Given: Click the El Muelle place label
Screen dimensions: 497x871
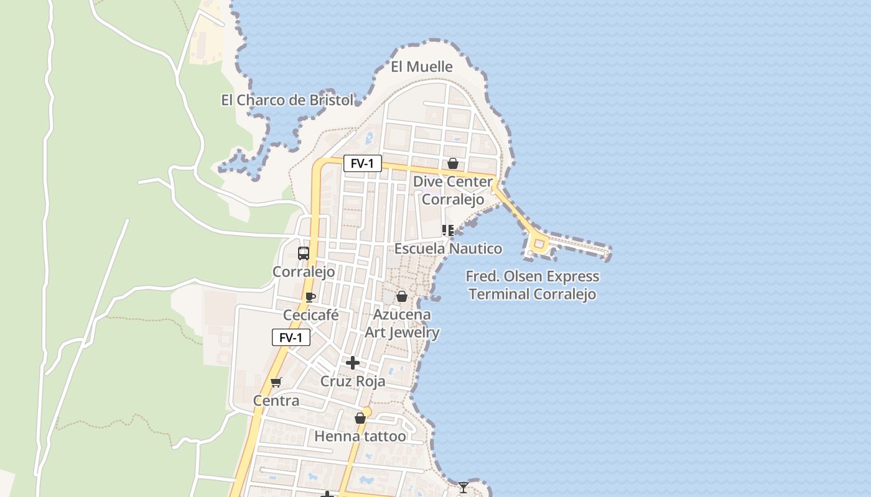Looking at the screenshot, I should [x=421, y=66].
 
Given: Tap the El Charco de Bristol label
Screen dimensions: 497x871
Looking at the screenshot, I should [x=287, y=99].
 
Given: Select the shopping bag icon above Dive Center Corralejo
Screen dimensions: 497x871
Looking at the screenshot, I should [x=453, y=163].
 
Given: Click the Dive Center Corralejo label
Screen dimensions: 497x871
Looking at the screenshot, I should [x=453, y=191].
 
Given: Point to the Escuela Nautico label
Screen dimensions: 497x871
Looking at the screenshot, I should [x=448, y=248].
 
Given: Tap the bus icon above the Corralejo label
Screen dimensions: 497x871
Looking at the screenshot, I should [x=304, y=253].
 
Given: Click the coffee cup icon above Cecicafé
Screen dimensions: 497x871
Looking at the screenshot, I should [x=310, y=297].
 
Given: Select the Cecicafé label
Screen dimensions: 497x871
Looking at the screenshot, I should [x=310, y=315].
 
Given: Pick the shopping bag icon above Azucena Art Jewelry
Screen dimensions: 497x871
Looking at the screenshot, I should [x=402, y=296].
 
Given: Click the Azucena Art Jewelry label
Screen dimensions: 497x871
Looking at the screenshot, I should [x=402, y=323].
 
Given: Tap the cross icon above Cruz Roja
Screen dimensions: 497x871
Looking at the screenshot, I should [x=353, y=363].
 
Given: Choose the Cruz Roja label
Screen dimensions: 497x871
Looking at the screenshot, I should [x=353, y=381].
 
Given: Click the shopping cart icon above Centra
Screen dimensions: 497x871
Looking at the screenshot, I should [x=276, y=382].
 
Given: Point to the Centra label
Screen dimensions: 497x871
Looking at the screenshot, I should [x=276, y=401].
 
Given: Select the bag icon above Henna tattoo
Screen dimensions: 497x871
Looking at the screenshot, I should [x=360, y=418].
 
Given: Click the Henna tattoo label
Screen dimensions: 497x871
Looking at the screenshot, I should [x=360, y=436].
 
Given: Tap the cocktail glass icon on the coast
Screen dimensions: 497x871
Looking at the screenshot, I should [x=463, y=487].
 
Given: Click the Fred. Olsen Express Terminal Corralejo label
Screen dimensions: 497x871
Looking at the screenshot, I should [x=533, y=285].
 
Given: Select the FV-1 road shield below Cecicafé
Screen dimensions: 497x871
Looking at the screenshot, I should [x=291, y=338].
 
